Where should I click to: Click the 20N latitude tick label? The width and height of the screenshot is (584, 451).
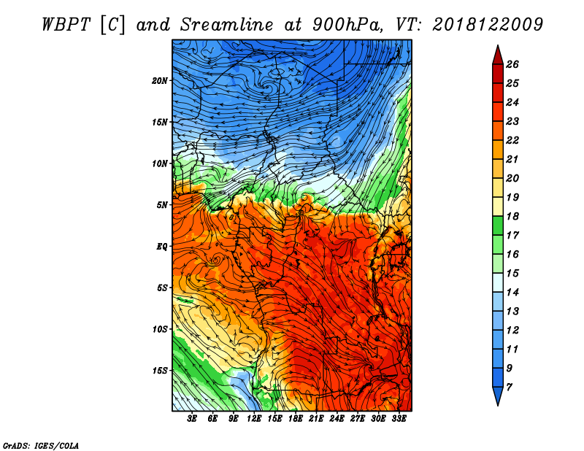160,81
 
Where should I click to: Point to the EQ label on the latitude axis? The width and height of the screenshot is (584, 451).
162,247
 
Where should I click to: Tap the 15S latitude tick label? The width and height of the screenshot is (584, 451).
160,371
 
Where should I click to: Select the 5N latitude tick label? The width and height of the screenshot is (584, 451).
162,205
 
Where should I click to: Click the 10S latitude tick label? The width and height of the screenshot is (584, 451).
160,329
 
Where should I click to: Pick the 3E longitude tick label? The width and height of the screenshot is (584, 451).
192,419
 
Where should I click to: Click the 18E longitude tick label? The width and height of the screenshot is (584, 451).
296,419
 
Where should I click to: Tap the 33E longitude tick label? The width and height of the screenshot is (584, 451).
399,419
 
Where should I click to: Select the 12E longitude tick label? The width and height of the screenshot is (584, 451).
254,419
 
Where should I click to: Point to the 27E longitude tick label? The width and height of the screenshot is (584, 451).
358,419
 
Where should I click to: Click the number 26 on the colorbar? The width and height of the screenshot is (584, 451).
512,64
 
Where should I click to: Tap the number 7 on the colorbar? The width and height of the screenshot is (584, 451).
509,388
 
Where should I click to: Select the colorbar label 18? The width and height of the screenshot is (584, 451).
512,216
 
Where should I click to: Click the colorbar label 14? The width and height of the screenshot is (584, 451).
512,293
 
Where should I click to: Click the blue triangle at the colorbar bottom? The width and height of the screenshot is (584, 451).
498,395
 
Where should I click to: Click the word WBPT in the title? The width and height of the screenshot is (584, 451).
66,25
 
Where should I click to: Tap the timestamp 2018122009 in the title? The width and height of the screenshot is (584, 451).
488,25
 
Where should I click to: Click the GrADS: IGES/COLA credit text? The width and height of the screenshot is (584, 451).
41,446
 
